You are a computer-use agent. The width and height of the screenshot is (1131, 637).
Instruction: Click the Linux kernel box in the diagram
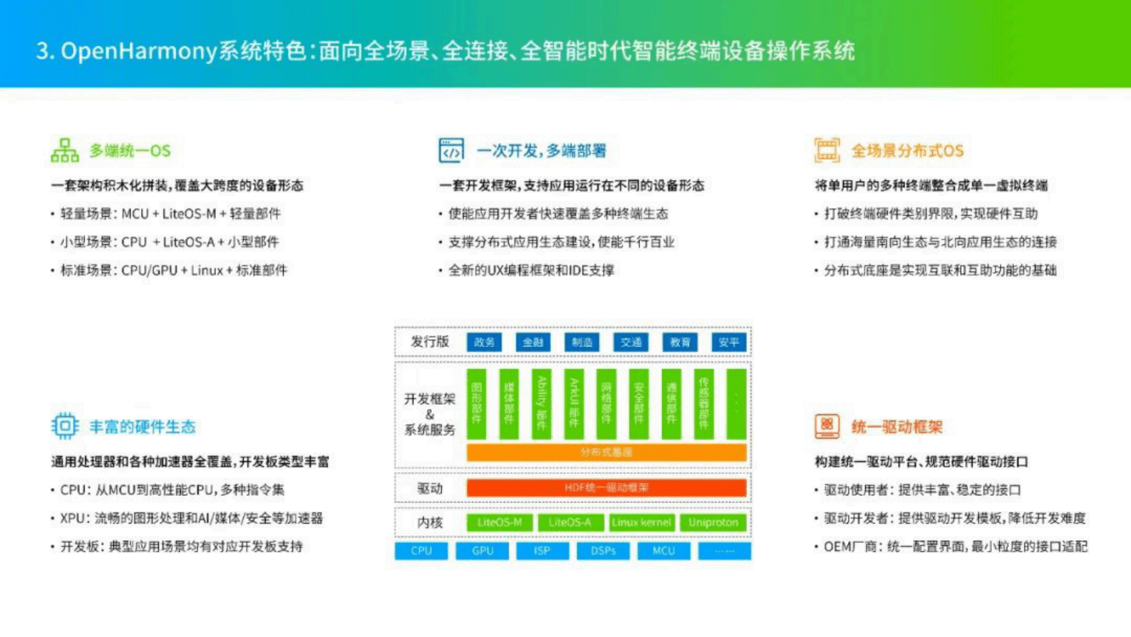tap(641, 522)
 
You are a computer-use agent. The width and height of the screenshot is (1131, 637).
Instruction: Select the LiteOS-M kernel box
tap(500, 522)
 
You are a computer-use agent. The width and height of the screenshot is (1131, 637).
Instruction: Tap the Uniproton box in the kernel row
tap(713, 522)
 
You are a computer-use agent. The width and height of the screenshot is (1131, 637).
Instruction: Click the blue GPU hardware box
tap(482, 551)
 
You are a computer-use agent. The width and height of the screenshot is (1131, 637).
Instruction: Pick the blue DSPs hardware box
tap(603, 551)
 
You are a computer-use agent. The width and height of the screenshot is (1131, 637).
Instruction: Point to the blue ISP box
tap(542, 551)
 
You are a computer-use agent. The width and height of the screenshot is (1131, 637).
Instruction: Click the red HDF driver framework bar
tap(606, 488)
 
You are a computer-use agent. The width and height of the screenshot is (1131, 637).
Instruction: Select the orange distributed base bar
tap(606, 452)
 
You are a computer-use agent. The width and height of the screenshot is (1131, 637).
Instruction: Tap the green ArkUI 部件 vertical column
tap(574, 403)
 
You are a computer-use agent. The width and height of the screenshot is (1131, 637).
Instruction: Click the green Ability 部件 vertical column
tap(542, 403)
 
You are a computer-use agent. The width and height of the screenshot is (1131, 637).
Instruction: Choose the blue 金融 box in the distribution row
tap(533, 342)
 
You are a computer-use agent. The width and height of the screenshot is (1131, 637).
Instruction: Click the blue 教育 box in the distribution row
tap(680, 342)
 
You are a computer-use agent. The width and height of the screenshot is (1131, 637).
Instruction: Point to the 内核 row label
tap(430, 522)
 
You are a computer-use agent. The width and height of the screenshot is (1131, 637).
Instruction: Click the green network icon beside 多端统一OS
tap(64, 150)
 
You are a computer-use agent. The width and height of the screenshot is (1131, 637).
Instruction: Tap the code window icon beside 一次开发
tap(451, 150)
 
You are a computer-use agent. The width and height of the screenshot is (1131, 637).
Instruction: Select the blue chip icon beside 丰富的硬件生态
tap(64, 426)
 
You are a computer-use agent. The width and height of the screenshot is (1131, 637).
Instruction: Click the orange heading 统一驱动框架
tap(897, 427)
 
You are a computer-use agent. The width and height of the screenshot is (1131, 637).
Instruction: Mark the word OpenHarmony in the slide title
tap(138, 51)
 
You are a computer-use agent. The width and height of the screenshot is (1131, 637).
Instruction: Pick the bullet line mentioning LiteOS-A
tap(169, 242)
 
